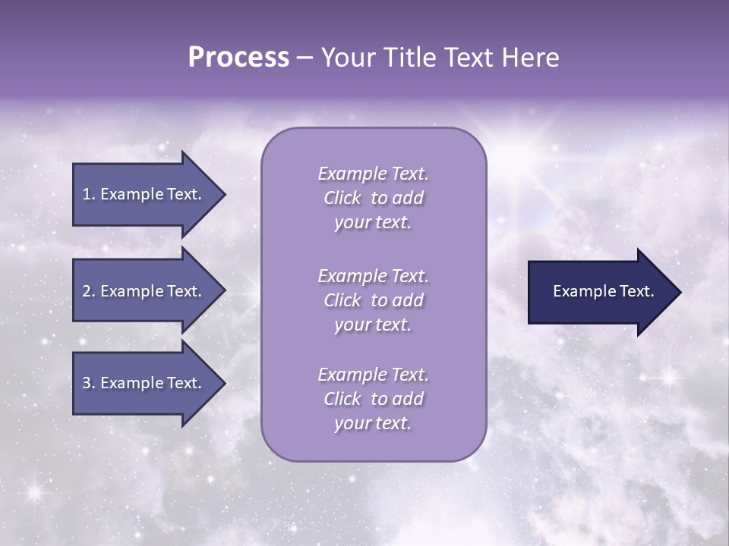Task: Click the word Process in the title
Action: pyautogui.click(x=238, y=58)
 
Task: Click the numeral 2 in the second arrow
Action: pyautogui.click(x=87, y=291)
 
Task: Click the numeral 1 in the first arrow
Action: pyautogui.click(x=87, y=194)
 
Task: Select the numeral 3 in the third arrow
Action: pyautogui.click(x=87, y=383)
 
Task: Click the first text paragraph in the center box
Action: pyautogui.click(x=373, y=198)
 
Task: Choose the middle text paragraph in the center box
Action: pyautogui.click(x=373, y=300)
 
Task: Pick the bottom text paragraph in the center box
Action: pyautogui.click(x=373, y=399)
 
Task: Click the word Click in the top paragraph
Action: pyautogui.click(x=342, y=198)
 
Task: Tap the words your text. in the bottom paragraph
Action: pyautogui.click(x=373, y=423)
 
